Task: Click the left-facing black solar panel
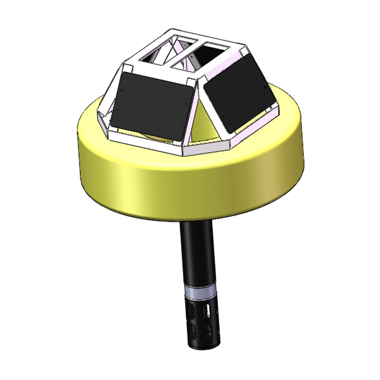pos(151,104)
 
